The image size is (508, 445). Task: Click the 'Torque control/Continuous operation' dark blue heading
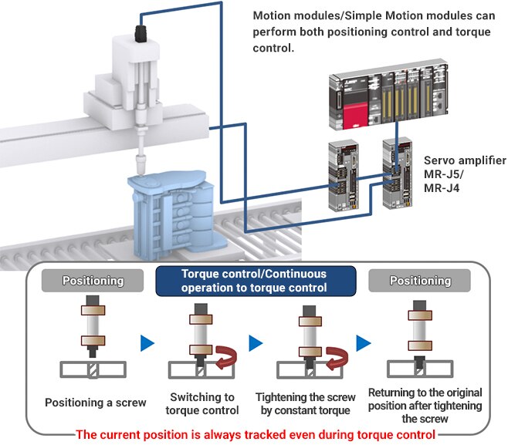254,281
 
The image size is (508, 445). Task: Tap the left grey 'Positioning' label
92,281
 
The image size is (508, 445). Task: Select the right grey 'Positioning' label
421,281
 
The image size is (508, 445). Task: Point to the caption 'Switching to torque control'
205,403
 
